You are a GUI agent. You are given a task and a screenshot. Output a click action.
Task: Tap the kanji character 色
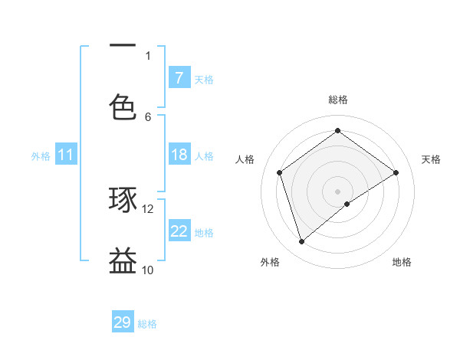pyautogui.click(x=123, y=106)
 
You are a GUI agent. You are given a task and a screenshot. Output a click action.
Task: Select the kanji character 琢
pyautogui.click(x=123, y=200)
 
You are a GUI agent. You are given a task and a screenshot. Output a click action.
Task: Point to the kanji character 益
pyautogui.click(x=123, y=260)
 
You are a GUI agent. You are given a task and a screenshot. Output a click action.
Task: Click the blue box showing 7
pyautogui.click(x=179, y=77)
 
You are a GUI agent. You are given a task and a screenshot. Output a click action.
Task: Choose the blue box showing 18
pyautogui.click(x=179, y=155)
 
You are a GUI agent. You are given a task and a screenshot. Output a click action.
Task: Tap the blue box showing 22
pyautogui.click(x=179, y=231)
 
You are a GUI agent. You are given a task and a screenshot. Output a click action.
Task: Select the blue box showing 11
pyautogui.click(x=66, y=155)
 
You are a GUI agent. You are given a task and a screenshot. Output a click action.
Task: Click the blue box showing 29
pyautogui.click(x=123, y=322)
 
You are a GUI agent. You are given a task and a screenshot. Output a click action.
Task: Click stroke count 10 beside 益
pyautogui.click(x=148, y=270)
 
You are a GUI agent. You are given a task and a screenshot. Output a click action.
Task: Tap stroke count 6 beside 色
pyautogui.click(x=148, y=116)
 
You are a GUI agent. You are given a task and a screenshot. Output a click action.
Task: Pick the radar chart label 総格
pyautogui.click(x=338, y=100)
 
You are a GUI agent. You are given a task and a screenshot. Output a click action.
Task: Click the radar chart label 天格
pyautogui.click(x=431, y=159)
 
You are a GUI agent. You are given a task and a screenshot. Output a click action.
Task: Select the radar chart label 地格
pyautogui.click(x=402, y=262)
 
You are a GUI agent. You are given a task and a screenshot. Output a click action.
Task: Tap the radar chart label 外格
pyautogui.click(x=270, y=262)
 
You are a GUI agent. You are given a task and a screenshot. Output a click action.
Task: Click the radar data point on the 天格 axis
pyautogui.click(x=396, y=172)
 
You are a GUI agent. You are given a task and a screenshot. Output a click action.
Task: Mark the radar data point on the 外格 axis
pyautogui.click(x=302, y=242)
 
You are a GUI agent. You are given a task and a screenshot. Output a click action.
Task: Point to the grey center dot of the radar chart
pyautogui.click(x=338, y=191)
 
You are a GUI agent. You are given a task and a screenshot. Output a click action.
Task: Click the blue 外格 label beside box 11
pyautogui.click(x=41, y=155)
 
